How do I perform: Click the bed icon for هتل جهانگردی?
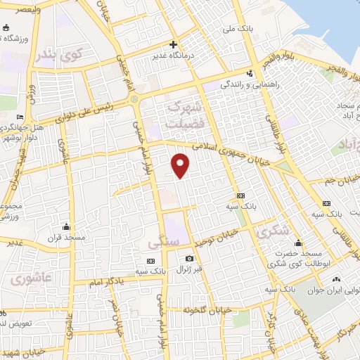click(x=20, y=117)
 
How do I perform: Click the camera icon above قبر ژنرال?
click(x=188, y=259)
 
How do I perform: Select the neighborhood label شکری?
click(x=269, y=231)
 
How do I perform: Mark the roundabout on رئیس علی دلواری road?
click(x=134, y=100)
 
